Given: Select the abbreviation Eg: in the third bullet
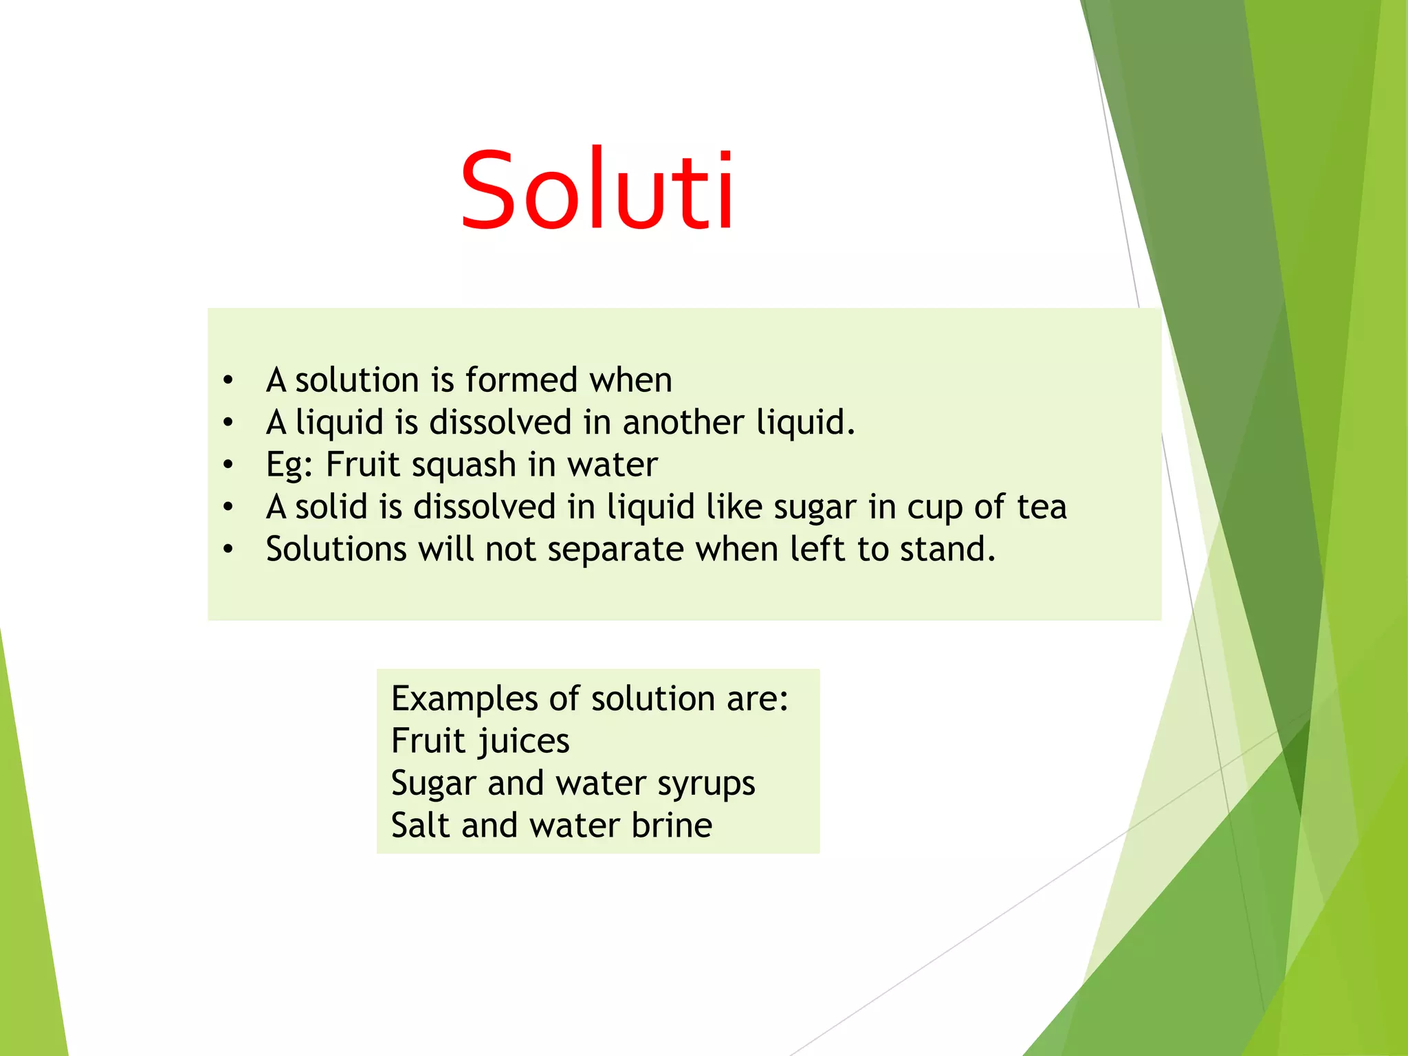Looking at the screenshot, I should pyautogui.click(x=289, y=465).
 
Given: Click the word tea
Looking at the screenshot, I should pyautogui.click(x=1042, y=507).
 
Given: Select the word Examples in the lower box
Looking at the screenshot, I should pyautogui.click(x=464, y=699).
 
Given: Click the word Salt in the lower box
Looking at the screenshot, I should pyautogui.click(x=420, y=825).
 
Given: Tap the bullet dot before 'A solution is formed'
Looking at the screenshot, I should pyautogui.click(x=228, y=380).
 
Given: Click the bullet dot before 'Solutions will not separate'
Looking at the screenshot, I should pyautogui.click(x=228, y=549).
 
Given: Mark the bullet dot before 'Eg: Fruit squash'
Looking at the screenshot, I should pyautogui.click(x=228, y=465).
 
